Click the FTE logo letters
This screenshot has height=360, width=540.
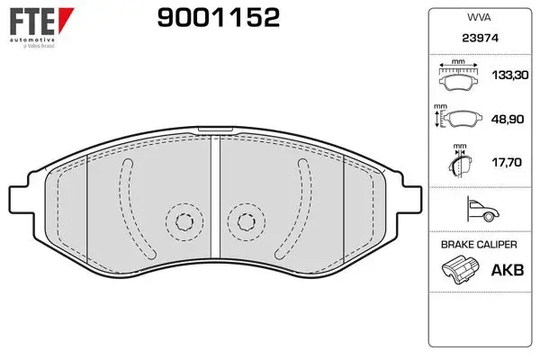point(32,21)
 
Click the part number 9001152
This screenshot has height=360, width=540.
point(219,18)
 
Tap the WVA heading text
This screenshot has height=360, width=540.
point(479,18)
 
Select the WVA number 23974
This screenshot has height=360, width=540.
point(480,38)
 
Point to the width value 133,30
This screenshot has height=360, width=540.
point(510,75)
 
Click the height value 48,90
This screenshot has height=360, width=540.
point(508,119)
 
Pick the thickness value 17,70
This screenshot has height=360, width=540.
point(507,162)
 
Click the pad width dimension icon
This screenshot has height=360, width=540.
point(458,76)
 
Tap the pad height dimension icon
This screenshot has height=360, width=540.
point(458,116)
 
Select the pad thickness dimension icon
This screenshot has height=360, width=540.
point(460,161)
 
